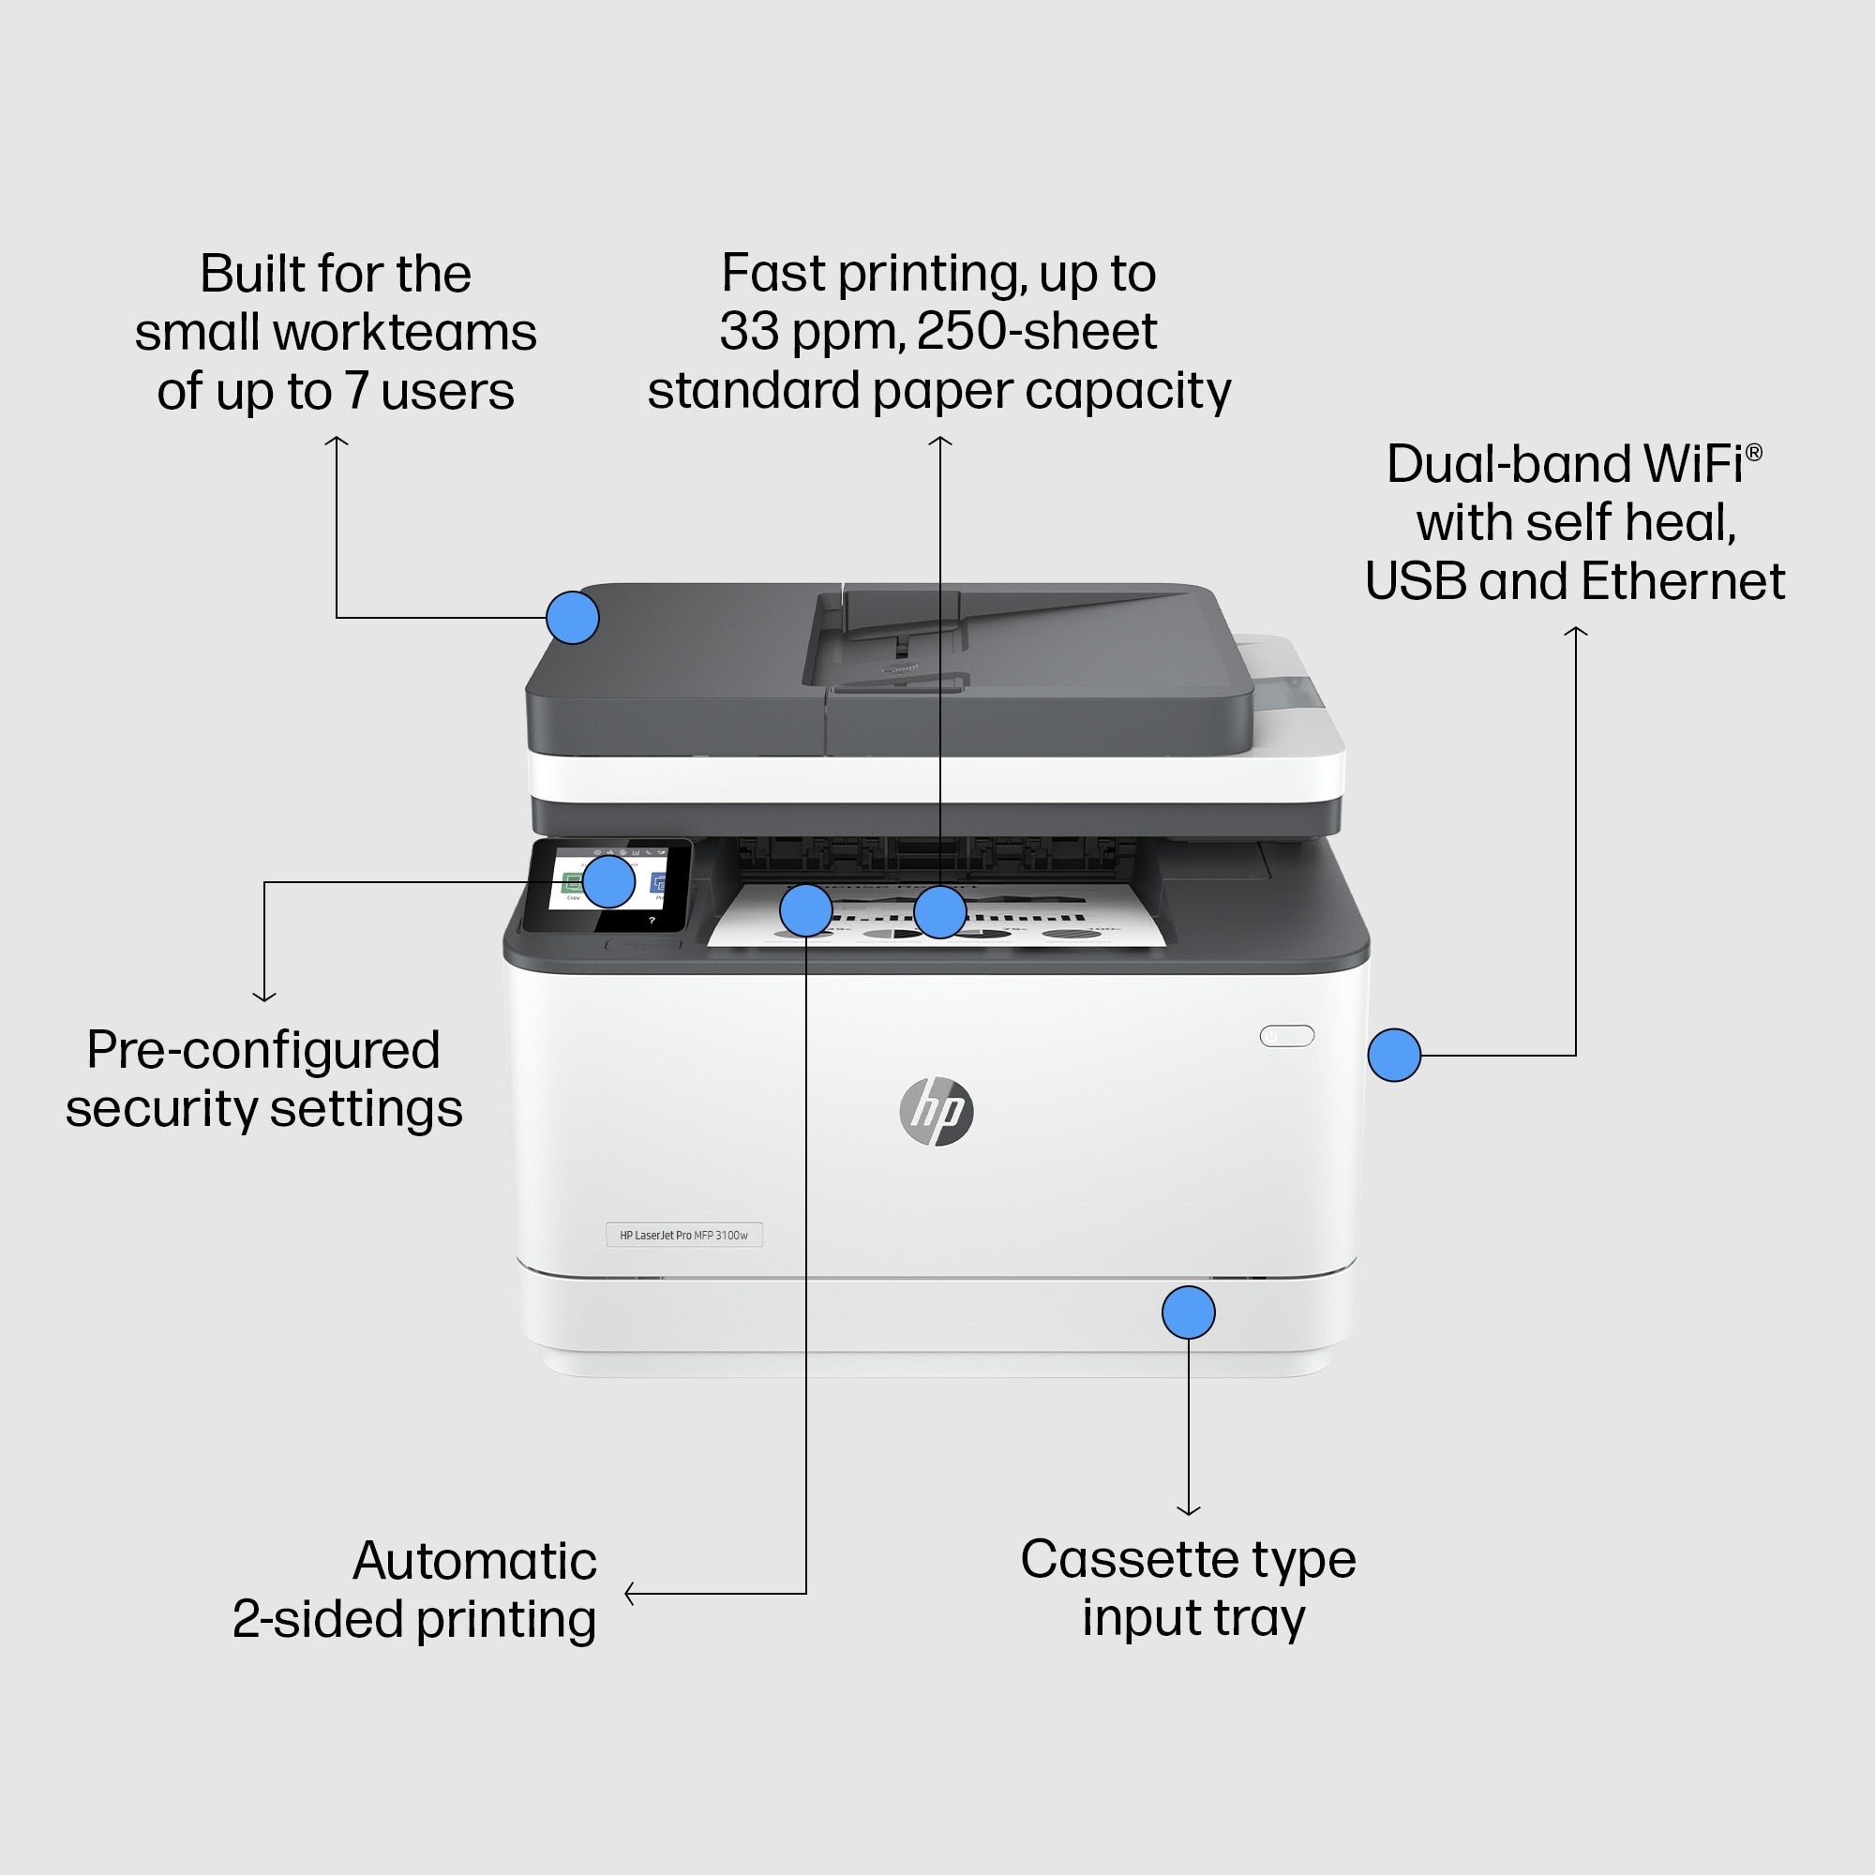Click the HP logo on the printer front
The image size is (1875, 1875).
click(937, 1111)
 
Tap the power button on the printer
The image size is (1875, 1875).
click(1286, 1036)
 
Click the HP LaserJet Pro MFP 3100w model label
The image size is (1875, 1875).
click(684, 1235)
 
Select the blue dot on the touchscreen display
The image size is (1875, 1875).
click(608, 881)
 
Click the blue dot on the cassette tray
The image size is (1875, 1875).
click(1188, 1312)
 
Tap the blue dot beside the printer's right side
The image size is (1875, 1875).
click(1394, 1055)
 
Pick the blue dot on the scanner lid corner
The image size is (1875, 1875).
click(573, 617)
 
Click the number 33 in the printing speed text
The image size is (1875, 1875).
click(748, 332)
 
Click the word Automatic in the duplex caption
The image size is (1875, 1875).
click(473, 1561)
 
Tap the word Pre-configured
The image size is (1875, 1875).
click(263, 1050)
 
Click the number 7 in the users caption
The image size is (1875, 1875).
click(357, 391)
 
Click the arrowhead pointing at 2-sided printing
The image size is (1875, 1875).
click(630, 1593)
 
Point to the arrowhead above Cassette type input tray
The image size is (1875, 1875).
click(1188, 1510)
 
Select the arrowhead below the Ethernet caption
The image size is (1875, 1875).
click(1575, 632)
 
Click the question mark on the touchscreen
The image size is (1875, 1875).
click(652, 920)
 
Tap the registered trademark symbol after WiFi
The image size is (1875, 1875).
click(1753, 452)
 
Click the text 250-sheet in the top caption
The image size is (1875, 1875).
click(1036, 332)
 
